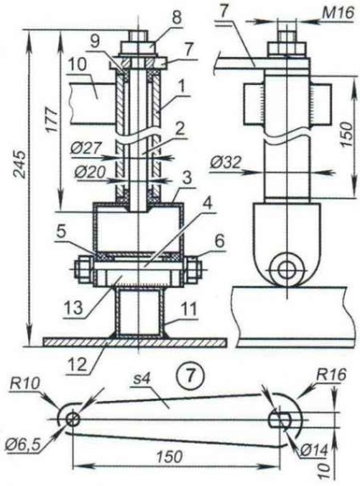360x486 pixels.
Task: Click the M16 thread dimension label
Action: pyautogui.click(x=338, y=14)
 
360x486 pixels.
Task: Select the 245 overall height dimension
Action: pyautogui.click(x=20, y=164)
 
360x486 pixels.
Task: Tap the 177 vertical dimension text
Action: pyautogui.click(x=53, y=120)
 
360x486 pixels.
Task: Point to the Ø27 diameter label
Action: pyautogui.click(x=86, y=149)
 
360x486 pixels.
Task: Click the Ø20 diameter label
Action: pyautogui.click(x=90, y=172)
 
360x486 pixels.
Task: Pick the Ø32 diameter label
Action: pyautogui.click(x=225, y=162)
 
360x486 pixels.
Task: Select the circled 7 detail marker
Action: pyautogui.click(x=190, y=376)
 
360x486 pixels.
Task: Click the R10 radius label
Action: pyautogui.click(x=25, y=384)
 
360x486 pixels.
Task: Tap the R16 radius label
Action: pyautogui.click(x=331, y=375)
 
